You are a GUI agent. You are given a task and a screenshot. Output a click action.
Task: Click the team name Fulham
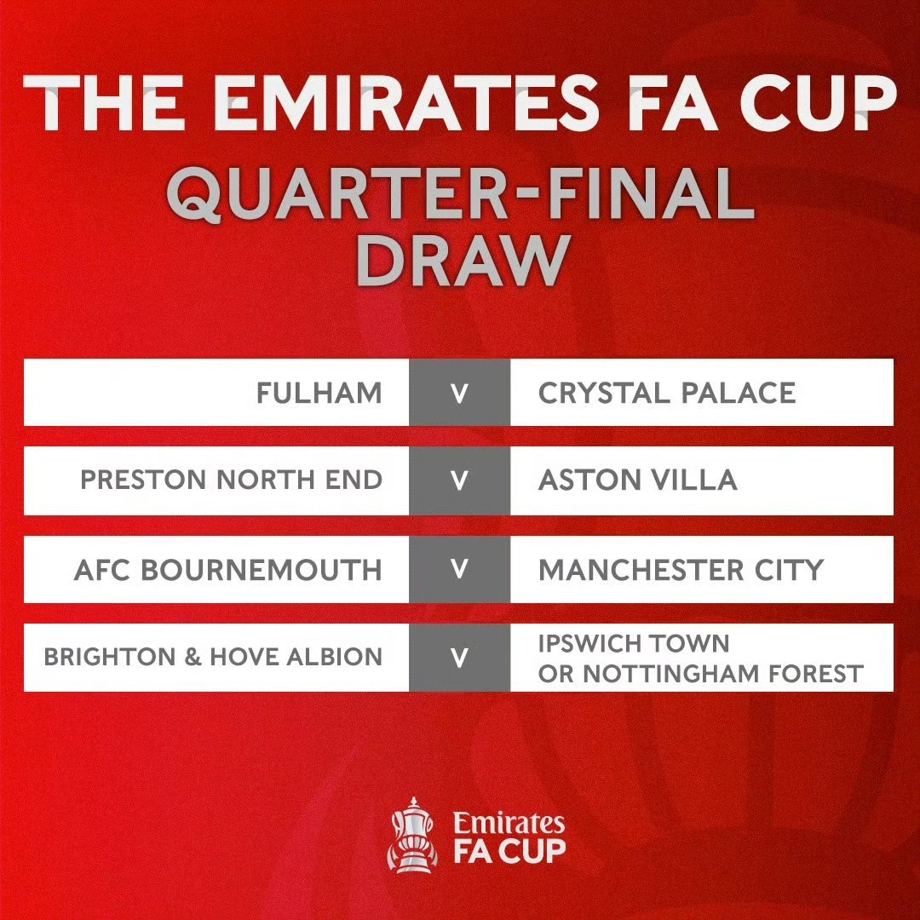[319, 393]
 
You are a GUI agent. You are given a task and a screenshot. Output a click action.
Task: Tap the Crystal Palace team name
[667, 393]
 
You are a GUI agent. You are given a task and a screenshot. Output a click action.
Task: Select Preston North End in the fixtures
[231, 480]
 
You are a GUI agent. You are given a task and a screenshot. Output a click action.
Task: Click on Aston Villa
[638, 480]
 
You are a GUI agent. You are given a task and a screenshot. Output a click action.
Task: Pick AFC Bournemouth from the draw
[228, 570]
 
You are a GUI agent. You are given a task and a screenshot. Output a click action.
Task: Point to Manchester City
[681, 570]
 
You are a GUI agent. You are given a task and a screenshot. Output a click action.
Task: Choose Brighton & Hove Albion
[213, 657]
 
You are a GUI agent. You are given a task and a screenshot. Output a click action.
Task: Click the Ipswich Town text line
[634, 644]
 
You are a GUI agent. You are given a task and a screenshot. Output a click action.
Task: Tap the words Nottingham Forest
[723, 674]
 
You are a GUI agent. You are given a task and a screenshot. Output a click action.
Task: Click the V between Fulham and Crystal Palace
[459, 394]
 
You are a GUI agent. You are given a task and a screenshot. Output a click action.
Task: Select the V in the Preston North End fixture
[459, 481]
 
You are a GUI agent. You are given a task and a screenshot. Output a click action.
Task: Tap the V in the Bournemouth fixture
[459, 569]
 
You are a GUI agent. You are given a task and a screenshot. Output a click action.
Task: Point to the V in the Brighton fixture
[459, 658]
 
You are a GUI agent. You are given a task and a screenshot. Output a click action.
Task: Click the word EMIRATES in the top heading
[406, 103]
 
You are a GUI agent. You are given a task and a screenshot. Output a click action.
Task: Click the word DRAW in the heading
[463, 261]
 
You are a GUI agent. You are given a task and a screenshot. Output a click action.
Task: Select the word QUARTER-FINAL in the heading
[461, 193]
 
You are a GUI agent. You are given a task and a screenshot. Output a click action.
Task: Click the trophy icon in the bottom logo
[413, 834]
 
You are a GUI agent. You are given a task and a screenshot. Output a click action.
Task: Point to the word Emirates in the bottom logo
[509, 823]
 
